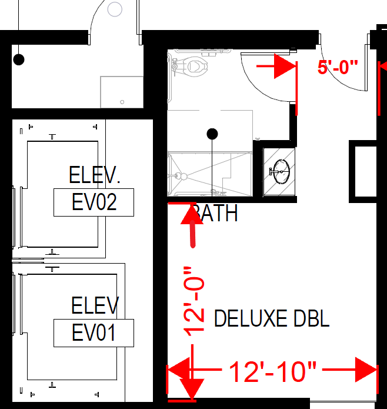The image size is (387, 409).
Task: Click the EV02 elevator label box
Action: point(94,202)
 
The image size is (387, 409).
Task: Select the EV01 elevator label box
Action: point(94,333)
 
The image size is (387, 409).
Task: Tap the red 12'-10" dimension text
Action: point(272,372)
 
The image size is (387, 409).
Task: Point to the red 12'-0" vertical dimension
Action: point(195,301)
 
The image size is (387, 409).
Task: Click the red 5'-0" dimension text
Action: point(338,67)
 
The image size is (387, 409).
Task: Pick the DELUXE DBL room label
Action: point(271,319)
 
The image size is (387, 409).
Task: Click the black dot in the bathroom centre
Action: point(213,134)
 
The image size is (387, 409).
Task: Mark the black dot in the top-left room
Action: point(19,59)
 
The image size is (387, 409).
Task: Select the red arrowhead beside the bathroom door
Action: point(286,67)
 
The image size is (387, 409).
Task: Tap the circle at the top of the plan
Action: point(115,9)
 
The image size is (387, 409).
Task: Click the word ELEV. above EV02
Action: point(95,175)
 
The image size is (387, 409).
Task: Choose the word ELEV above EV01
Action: point(95,306)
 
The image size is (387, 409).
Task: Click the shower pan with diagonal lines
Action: point(210,174)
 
